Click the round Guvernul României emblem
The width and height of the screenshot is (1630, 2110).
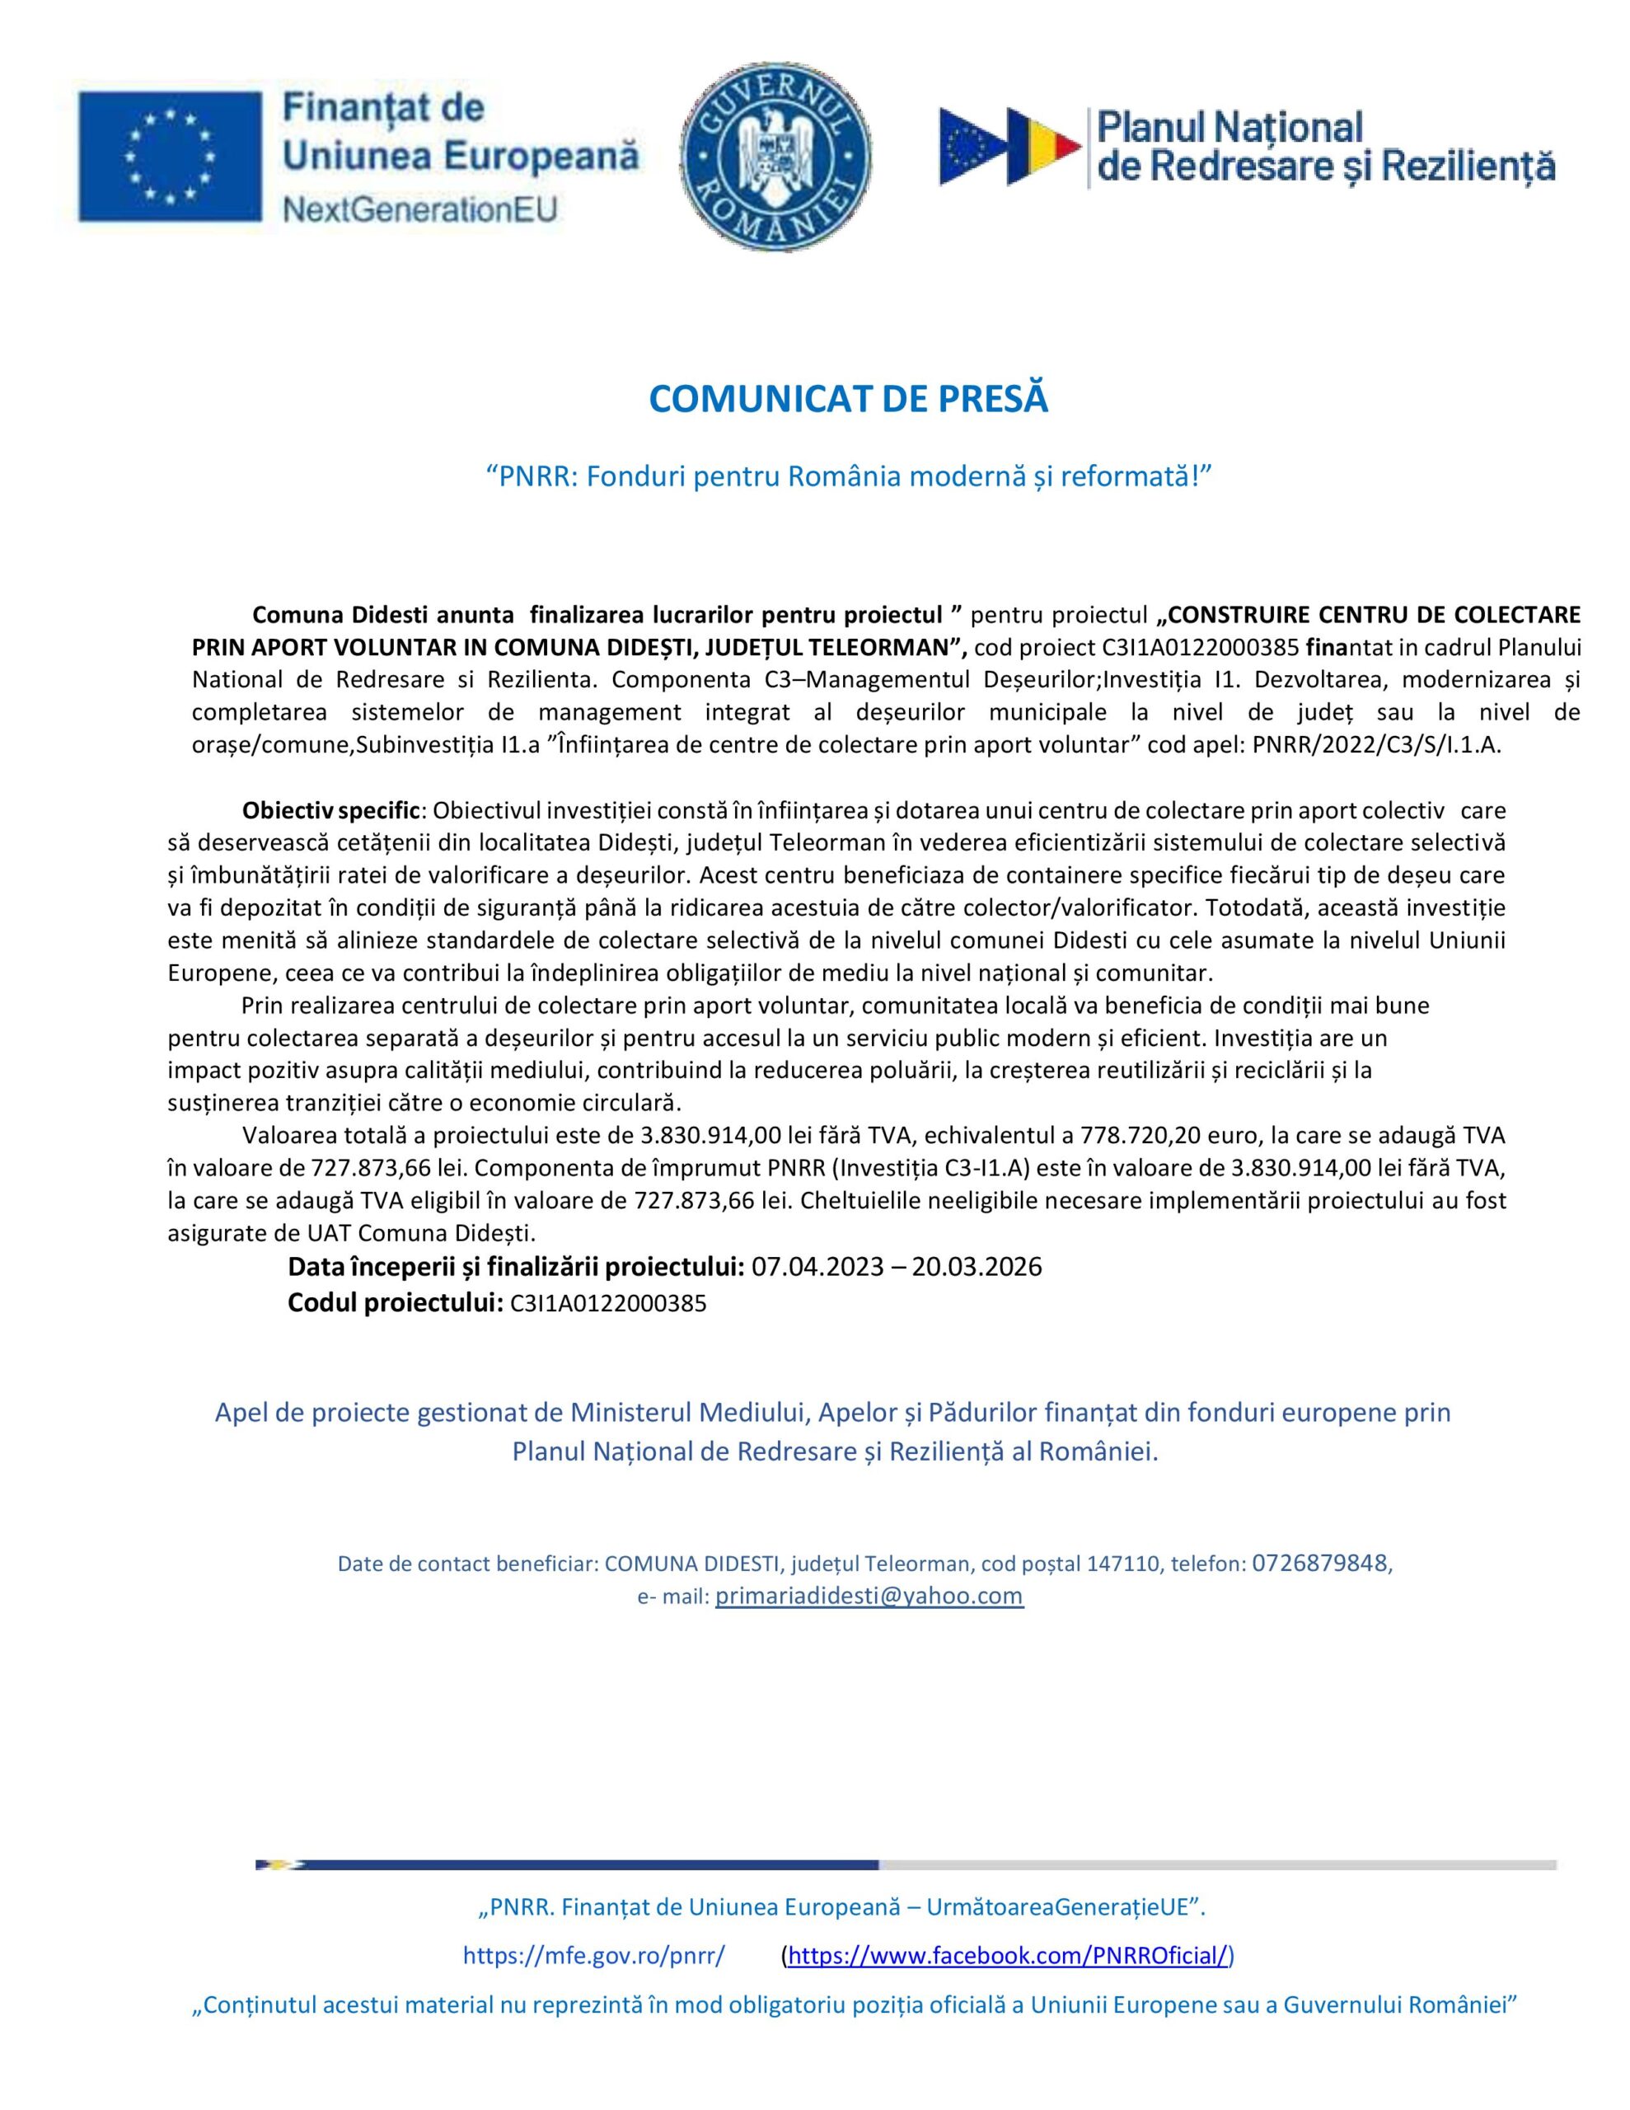pyautogui.click(x=776, y=157)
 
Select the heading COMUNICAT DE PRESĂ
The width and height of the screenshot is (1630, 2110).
pyautogui.click(x=847, y=399)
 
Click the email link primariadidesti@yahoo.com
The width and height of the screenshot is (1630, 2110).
pyautogui.click(x=869, y=1595)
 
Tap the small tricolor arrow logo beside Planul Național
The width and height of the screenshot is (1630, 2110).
pyautogui.click(x=1009, y=147)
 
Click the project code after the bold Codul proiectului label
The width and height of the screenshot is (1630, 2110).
pyautogui.click(x=607, y=1304)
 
